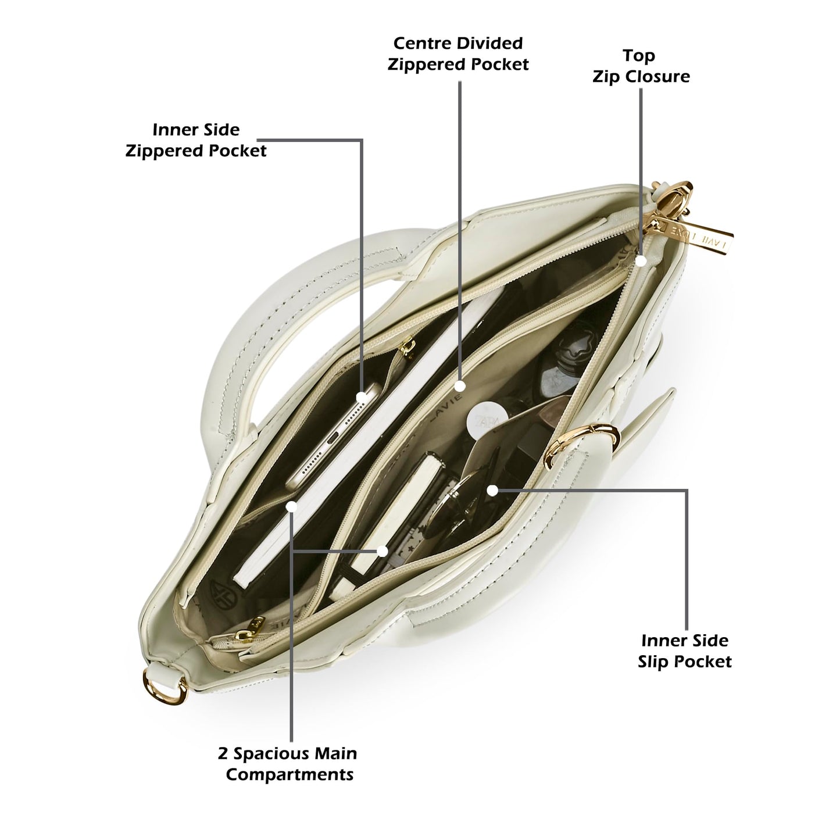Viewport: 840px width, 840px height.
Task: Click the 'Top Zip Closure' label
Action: coord(641,66)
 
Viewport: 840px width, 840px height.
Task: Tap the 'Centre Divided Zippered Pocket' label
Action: coord(457,54)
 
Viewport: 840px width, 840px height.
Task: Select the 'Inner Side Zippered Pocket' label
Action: coord(196,140)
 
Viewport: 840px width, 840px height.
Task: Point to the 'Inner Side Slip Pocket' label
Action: coord(685,651)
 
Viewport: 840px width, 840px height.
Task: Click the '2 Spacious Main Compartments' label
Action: coord(288,764)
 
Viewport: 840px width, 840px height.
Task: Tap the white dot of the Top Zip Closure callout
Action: coord(641,260)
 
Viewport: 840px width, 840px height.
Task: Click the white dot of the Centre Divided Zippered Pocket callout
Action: coord(460,386)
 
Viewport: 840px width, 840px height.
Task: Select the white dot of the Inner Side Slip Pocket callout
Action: coord(492,491)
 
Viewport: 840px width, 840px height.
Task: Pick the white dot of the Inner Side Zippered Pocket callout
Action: coord(362,397)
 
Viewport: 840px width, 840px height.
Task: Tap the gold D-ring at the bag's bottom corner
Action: coord(165,688)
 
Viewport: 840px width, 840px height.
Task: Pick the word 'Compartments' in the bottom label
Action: coord(289,774)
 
